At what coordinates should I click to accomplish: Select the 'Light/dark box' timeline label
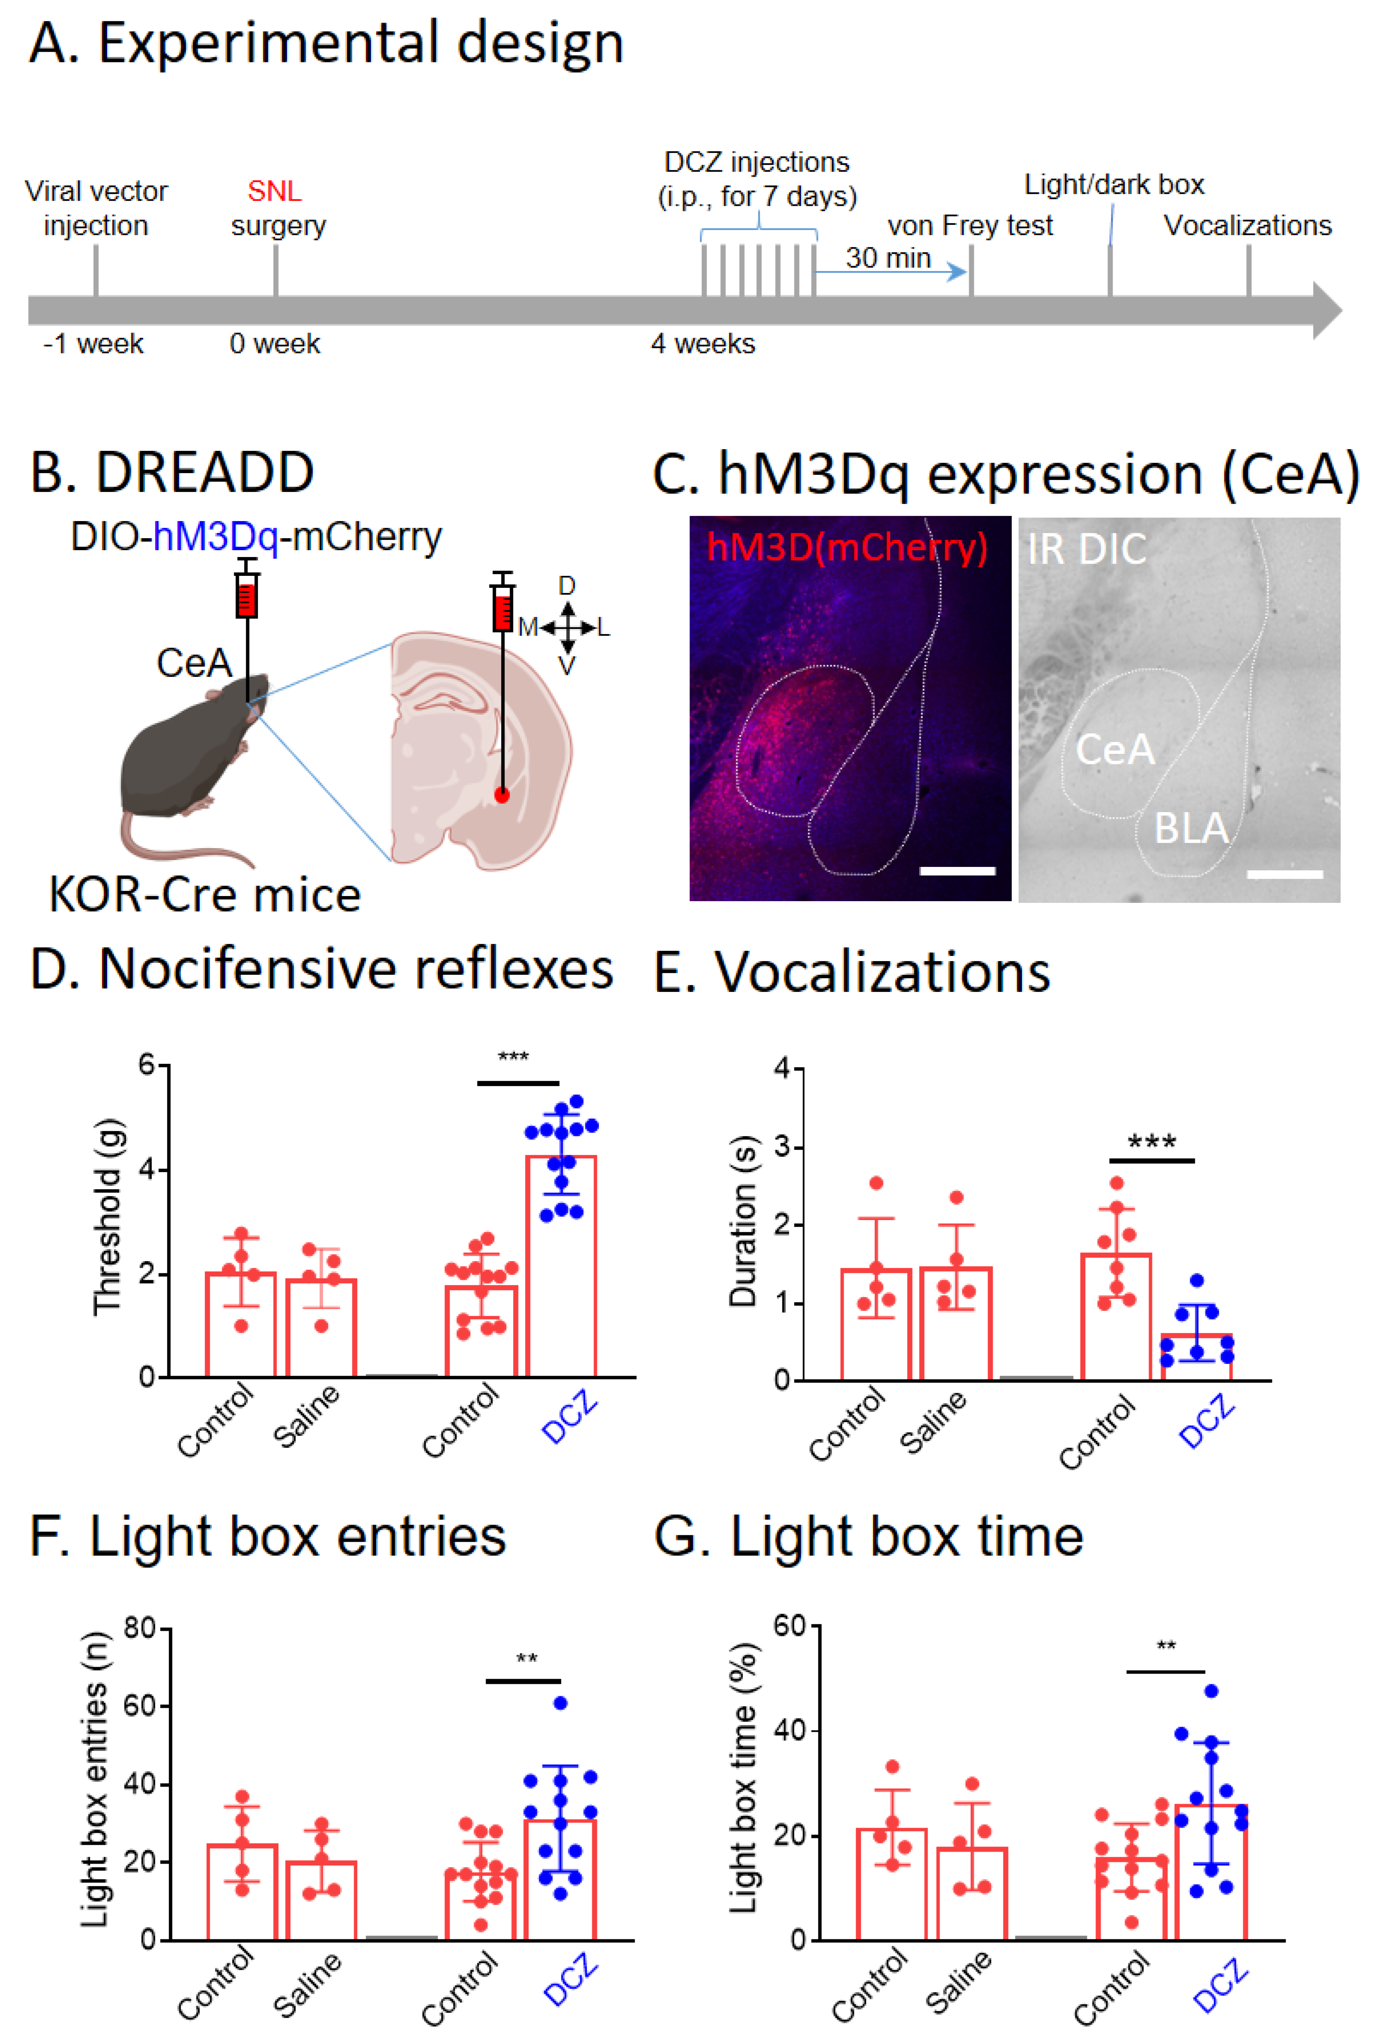pos(1114,185)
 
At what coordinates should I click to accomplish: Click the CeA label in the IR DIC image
pos(1115,749)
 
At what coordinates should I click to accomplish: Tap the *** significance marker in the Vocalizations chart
pos(1152,1141)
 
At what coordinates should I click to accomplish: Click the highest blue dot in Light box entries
pos(561,1703)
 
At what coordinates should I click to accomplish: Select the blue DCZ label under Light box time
pos(1219,1985)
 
